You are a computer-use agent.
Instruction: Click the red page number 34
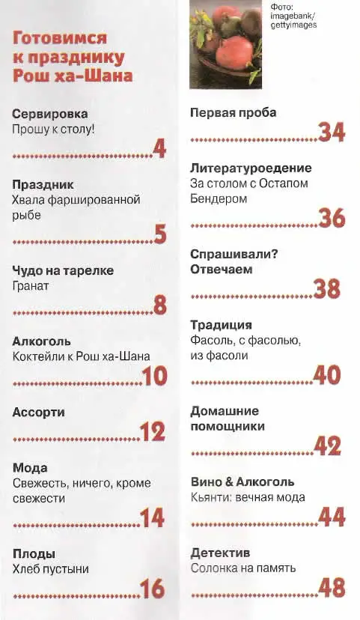(332, 133)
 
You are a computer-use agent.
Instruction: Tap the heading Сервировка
(50, 114)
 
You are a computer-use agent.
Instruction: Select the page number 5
(160, 234)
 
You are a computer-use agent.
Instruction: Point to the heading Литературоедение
(251, 168)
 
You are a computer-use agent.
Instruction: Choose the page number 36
(332, 218)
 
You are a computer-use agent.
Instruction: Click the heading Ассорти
(39, 413)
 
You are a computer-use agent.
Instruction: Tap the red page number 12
(153, 432)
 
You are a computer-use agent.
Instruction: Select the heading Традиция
(221, 325)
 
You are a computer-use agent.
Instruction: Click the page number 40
(327, 375)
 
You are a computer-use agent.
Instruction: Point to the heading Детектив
(220, 553)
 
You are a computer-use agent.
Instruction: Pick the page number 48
(332, 588)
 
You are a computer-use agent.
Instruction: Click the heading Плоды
(34, 554)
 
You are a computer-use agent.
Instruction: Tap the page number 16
(152, 589)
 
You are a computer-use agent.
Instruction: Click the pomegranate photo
(225, 44)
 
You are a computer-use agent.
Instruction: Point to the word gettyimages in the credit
(293, 25)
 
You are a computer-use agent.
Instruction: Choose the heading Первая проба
(234, 113)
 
